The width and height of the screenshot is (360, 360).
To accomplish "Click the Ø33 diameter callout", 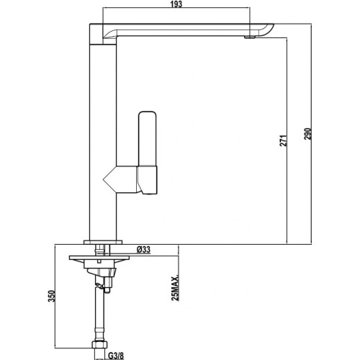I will coord(143,249).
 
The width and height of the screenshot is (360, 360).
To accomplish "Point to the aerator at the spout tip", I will coord(250,35).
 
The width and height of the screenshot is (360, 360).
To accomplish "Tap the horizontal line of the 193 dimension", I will coord(144,10).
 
